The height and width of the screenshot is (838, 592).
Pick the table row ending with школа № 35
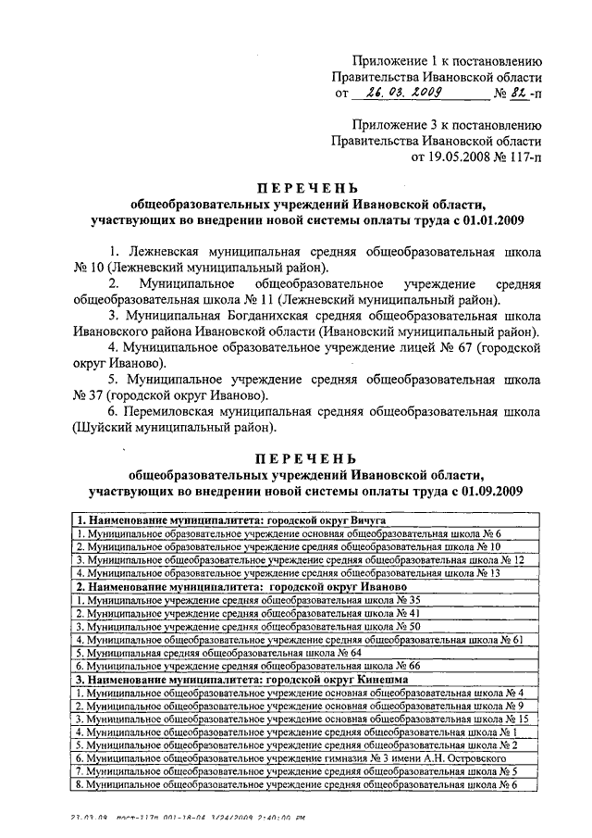pos(249,600)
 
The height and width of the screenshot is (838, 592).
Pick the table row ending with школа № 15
pos(302,719)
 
